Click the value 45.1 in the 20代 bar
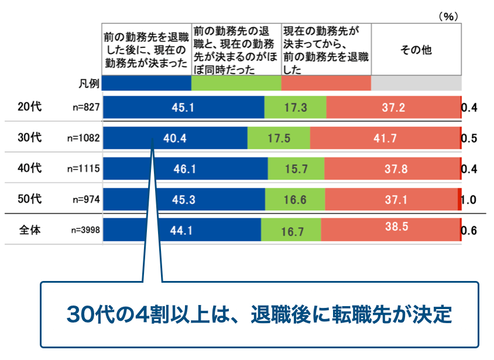click(183, 108)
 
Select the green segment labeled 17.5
click(279, 139)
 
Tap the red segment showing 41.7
click(385, 139)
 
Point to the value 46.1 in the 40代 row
click(185, 169)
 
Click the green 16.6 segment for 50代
click(295, 200)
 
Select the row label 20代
click(29, 107)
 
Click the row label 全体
click(29, 230)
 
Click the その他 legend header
click(416, 50)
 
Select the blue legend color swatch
click(147, 84)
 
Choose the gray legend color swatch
click(416, 84)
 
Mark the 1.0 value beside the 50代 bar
click(469, 200)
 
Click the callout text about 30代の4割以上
click(259, 314)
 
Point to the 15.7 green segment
click(296, 169)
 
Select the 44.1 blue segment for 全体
click(181, 231)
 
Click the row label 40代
click(29, 169)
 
